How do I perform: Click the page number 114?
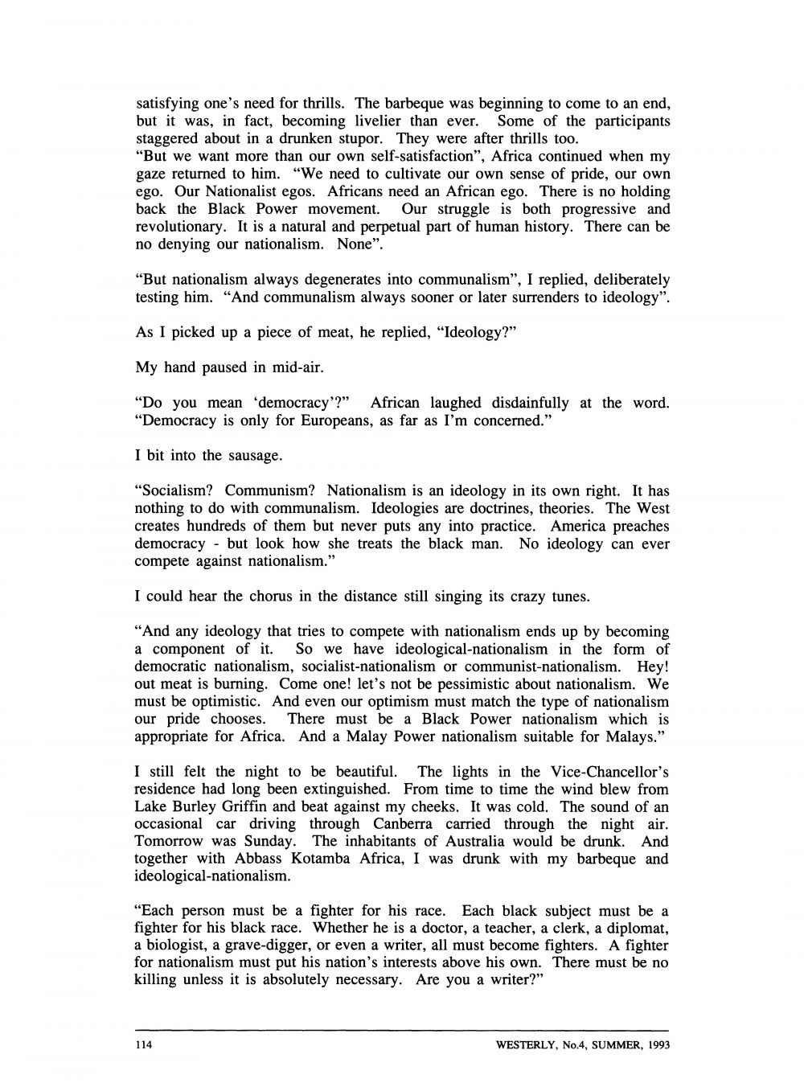142,1046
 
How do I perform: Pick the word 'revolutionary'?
174,227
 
